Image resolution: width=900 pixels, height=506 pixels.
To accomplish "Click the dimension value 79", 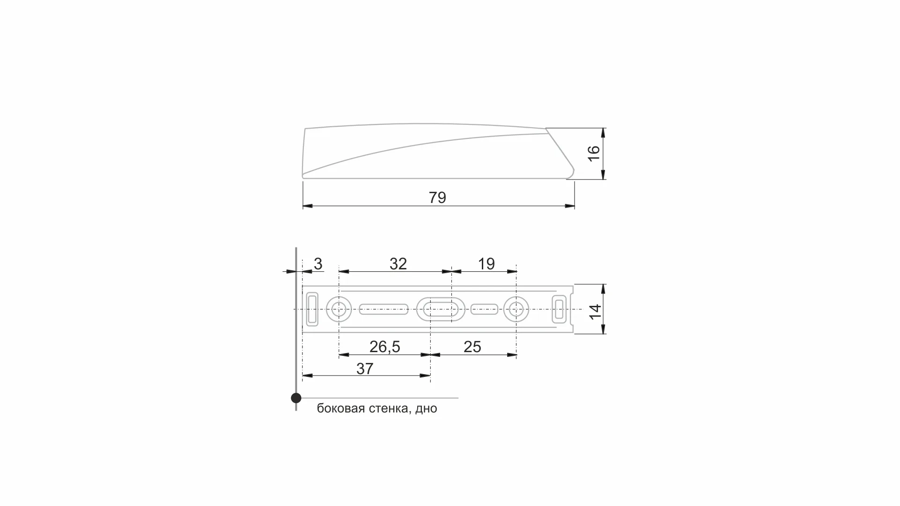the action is coord(437,198).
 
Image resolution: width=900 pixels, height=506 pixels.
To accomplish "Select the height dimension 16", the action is coord(593,153).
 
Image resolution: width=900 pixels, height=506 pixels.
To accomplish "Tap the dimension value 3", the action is coord(318,264).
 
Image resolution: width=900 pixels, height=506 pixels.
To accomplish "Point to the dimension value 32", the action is coord(398,264).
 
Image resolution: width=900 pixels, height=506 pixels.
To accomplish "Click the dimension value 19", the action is coord(486,264).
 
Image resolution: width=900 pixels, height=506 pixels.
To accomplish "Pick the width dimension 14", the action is coord(595,311).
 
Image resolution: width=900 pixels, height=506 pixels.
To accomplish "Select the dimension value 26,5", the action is coord(384,347).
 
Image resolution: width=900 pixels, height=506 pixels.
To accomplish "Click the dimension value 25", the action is coord(472,347).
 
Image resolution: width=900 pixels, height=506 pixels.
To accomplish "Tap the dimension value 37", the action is coord(365,369).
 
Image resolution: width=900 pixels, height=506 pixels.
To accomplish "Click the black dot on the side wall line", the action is coord(296,398).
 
